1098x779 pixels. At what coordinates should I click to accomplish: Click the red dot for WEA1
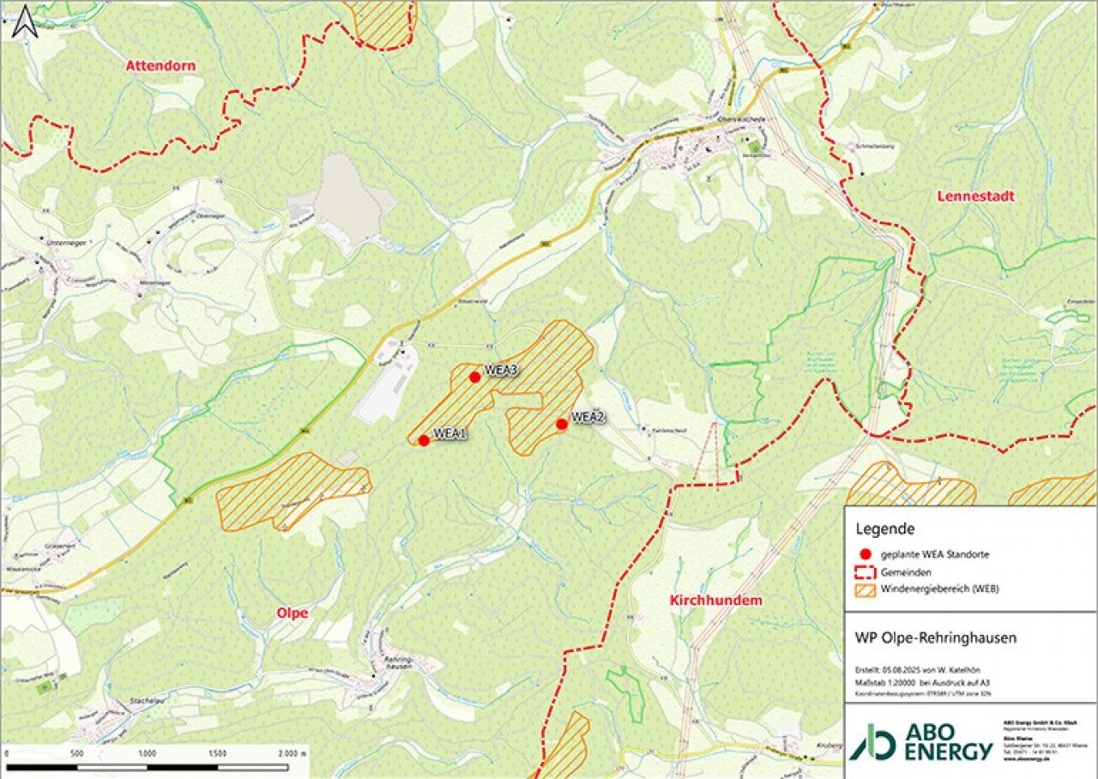(424, 440)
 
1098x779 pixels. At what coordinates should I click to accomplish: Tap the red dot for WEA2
(562, 424)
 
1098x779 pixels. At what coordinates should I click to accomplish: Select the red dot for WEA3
(474, 377)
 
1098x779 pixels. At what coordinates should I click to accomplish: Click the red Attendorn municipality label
(160, 66)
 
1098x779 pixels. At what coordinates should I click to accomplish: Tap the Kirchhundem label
(715, 601)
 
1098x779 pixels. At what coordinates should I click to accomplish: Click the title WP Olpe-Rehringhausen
(935, 638)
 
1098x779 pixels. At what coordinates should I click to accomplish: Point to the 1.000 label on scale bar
(148, 753)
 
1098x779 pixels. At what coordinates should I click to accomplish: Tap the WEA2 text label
(588, 417)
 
